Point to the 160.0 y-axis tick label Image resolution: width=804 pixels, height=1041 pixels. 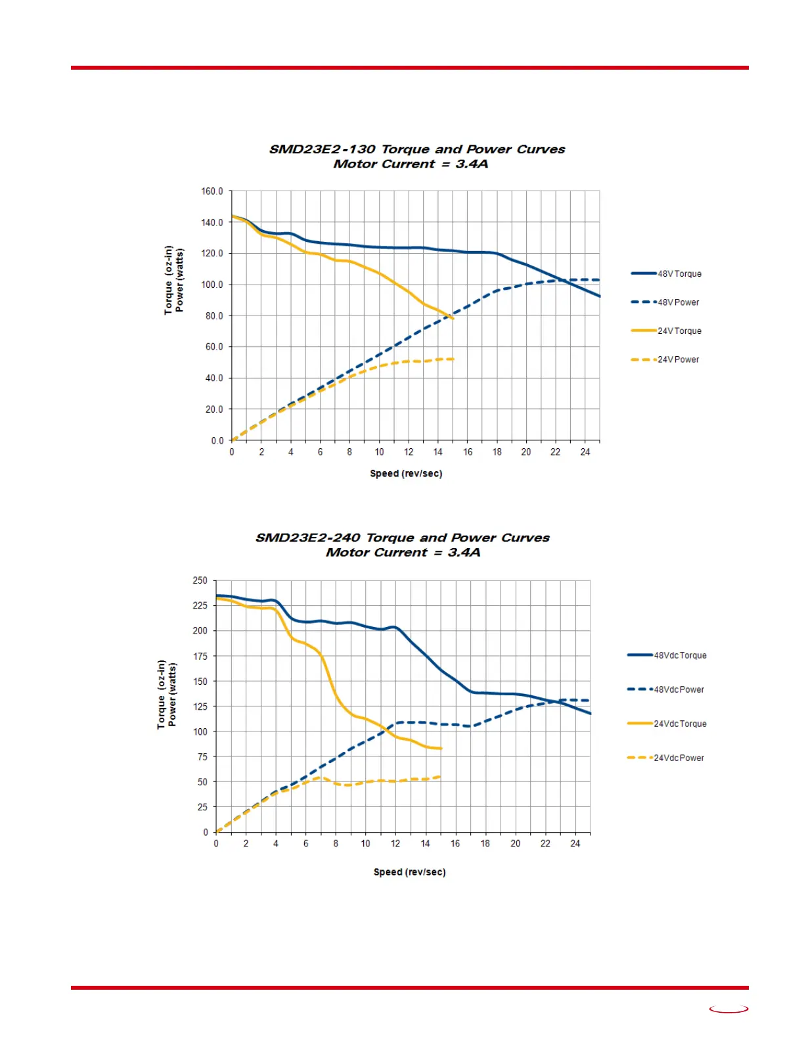pos(212,191)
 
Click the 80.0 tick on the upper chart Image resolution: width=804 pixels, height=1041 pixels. pos(214,316)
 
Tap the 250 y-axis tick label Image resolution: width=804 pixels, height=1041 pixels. pos(200,580)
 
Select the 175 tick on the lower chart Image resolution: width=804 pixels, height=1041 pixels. pos(200,656)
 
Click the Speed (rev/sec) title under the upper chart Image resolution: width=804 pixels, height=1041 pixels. pos(406,474)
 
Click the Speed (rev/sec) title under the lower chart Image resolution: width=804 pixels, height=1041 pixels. pos(409,872)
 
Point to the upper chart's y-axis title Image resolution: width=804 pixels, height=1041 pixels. pos(174,281)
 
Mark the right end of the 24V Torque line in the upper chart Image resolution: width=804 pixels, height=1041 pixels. pos(453,319)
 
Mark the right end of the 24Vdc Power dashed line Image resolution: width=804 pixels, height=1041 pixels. pos(440,777)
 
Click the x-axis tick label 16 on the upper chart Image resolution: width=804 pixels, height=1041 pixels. pos(468,452)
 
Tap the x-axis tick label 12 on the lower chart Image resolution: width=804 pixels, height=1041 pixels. pos(395,844)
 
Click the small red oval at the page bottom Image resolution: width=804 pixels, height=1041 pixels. pos(728,1009)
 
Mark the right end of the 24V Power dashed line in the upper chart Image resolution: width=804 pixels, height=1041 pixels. pos(453,359)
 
